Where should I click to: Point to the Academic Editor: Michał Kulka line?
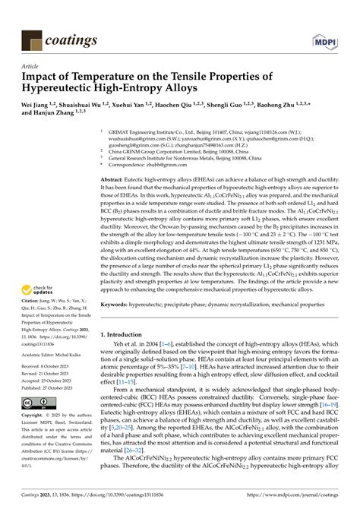52,354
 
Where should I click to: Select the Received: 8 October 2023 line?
50,368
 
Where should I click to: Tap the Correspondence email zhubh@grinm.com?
173,164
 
